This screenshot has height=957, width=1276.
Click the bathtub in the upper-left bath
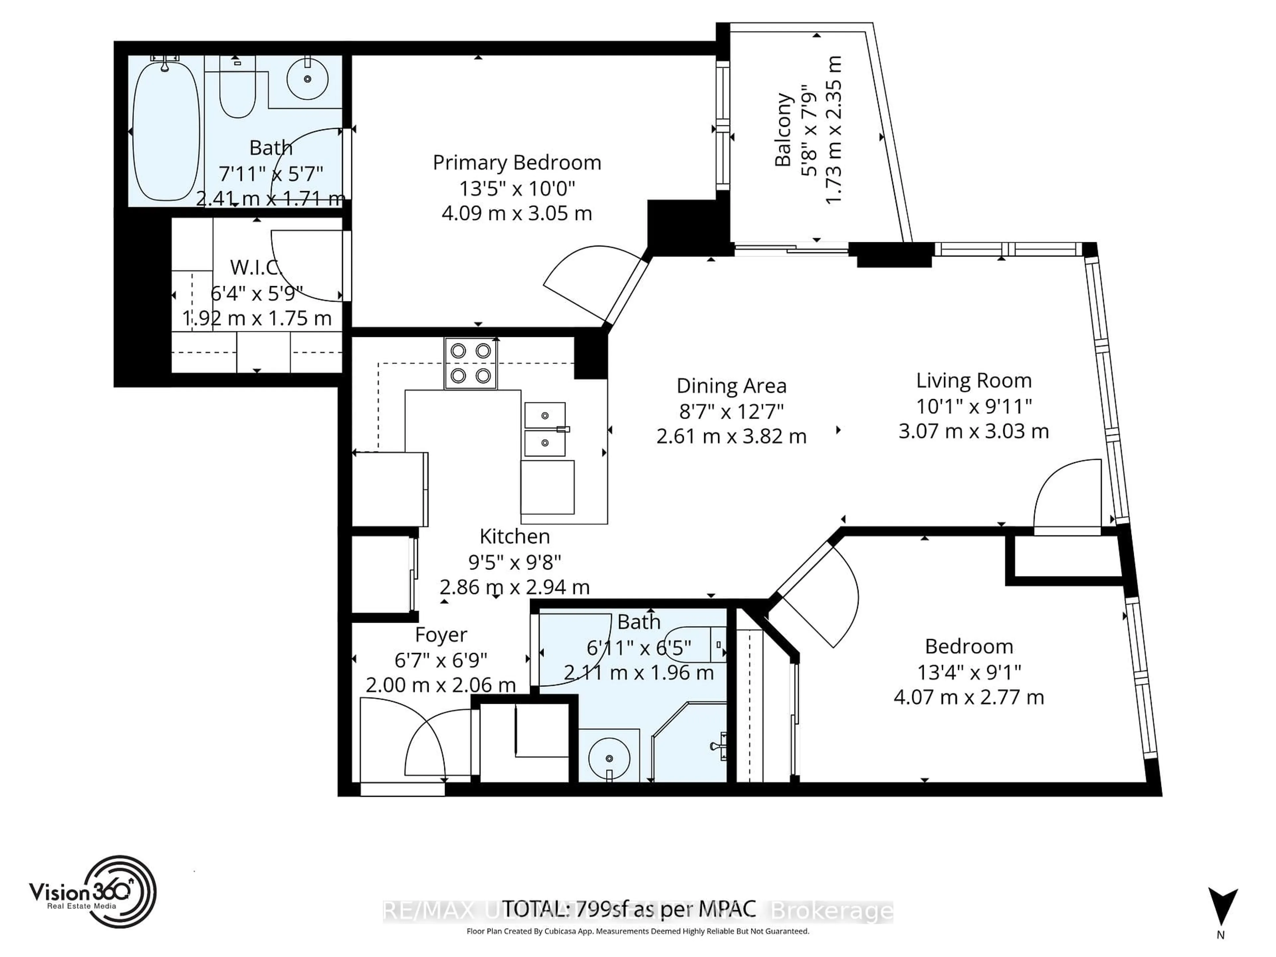pyautogui.click(x=166, y=132)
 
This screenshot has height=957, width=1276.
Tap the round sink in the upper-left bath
pyautogui.click(x=307, y=79)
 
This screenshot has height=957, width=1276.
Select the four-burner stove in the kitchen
pyautogui.click(x=471, y=364)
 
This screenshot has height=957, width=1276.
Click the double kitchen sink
pyautogui.click(x=545, y=429)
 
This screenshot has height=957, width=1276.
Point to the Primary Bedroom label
pyautogui.click(x=517, y=163)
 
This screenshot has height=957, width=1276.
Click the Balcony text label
pyautogui.click(x=783, y=130)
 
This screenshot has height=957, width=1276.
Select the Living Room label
pyautogui.click(x=974, y=381)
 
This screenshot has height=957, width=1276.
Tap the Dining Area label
pyautogui.click(x=731, y=385)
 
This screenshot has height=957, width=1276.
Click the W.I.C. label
pyautogui.click(x=256, y=267)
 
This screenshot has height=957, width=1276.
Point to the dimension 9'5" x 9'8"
pyautogui.click(x=514, y=561)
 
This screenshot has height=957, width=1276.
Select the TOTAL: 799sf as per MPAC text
pyautogui.click(x=629, y=909)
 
